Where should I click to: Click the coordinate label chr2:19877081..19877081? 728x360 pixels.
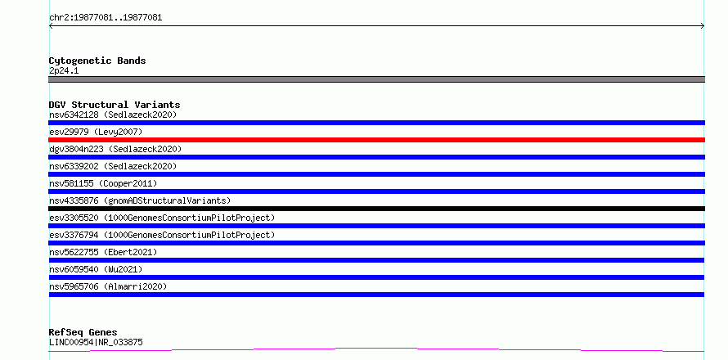(106, 18)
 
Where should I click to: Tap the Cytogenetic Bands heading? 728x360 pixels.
(97, 61)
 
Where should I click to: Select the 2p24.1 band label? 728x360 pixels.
(64, 70)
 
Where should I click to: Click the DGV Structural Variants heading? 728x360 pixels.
(115, 105)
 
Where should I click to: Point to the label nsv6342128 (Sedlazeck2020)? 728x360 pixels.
(113, 115)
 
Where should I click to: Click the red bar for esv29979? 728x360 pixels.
(376, 140)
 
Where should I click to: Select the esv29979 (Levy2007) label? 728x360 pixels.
(96, 132)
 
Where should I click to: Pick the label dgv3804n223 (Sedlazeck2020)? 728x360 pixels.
(115, 149)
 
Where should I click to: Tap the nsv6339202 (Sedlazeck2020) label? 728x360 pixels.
(113, 166)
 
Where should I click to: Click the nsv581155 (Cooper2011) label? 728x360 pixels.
(103, 183)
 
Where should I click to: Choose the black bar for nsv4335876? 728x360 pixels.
(376, 209)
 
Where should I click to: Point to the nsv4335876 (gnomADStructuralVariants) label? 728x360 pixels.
(140, 200)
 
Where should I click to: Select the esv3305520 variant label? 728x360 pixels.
(162, 218)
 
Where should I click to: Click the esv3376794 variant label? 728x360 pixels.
(162, 235)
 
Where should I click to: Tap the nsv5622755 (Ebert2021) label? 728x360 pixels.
(103, 252)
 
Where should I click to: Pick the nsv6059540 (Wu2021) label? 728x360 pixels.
(96, 269)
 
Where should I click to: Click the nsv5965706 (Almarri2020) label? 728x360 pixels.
(108, 286)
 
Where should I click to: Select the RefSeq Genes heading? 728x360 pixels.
(83, 332)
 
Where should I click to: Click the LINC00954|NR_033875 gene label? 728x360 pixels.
(96, 342)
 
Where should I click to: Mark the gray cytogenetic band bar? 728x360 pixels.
(376, 79)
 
